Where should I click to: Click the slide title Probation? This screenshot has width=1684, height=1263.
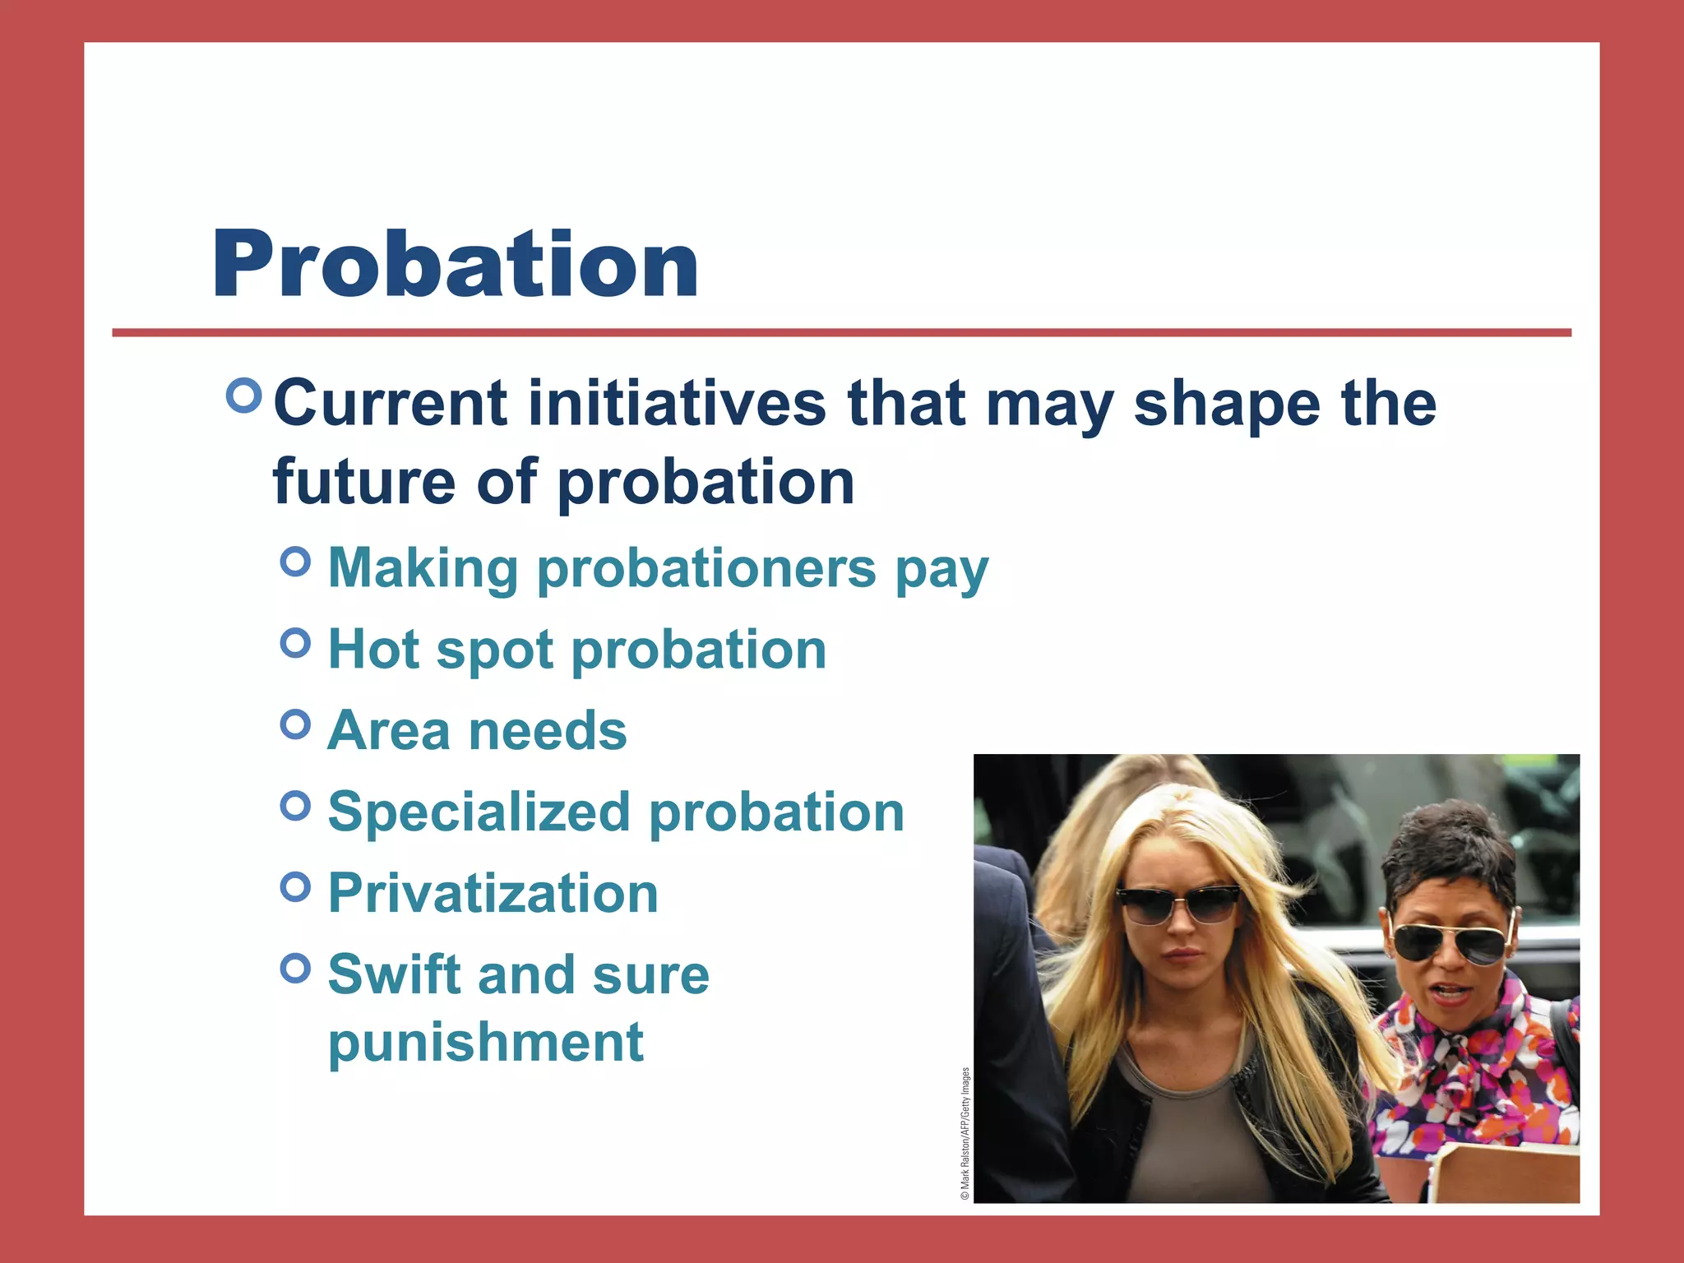click(455, 265)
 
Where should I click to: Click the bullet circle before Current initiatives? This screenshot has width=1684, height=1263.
click(243, 396)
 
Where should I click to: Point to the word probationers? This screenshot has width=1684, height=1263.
click(706, 569)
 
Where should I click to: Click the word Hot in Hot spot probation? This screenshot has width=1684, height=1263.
click(374, 650)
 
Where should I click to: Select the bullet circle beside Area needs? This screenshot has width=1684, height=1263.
click(295, 724)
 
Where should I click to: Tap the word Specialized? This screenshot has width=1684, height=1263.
click(478, 813)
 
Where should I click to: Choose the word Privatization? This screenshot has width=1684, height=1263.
click(493, 893)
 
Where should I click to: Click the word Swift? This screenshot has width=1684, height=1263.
click(393, 974)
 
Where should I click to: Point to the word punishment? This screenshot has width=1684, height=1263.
click(485, 1043)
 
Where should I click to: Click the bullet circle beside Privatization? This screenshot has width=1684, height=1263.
click(295, 886)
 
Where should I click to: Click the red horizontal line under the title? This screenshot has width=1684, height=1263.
click(841, 333)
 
